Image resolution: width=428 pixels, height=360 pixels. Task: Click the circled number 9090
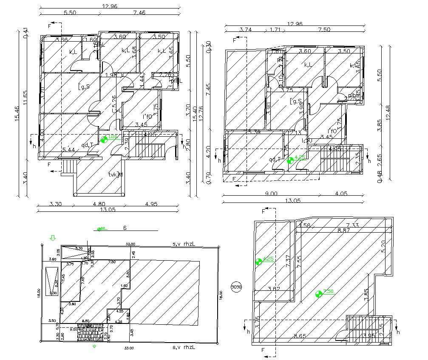click(x=236, y=287)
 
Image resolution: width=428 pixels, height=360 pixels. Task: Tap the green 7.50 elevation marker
click(x=319, y=293)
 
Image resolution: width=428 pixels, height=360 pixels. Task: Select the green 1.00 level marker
click(x=104, y=139)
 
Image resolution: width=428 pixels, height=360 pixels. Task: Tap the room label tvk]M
click(x=115, y=174)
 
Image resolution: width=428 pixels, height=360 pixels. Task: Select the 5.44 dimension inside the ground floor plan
click(x=69, y=150)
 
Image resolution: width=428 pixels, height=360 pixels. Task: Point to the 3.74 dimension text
click(x=246, y=30)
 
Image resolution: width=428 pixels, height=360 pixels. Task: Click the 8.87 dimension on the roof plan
click(x=344, y=231)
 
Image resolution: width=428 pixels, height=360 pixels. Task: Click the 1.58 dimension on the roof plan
click(x=305, y=225)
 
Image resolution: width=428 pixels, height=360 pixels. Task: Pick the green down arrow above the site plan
click(x=53, y=238)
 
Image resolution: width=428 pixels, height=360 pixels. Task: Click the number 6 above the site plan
click(x=125, y=228)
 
